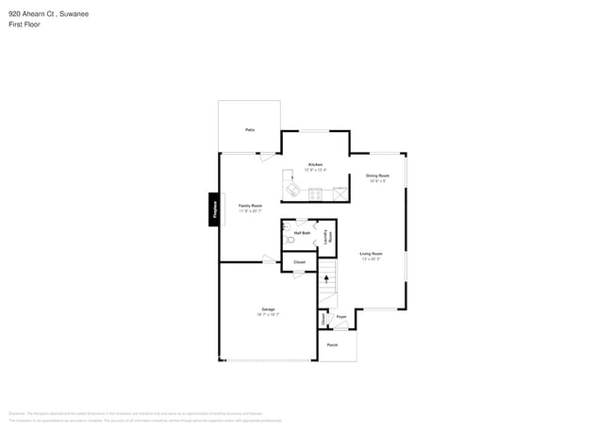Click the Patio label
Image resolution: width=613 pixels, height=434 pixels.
click(249, 129)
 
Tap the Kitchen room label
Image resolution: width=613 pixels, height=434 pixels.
click(315, 164)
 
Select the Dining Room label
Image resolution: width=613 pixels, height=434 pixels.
click(377, 175)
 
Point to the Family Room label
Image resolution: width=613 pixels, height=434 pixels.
click(250, 206)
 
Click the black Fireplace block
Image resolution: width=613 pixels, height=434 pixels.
click(214, 209)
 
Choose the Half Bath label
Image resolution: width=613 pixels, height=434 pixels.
click(302, 232)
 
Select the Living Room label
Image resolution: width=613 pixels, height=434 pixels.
click(371, 254)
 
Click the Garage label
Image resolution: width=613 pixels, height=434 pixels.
click(268, 309)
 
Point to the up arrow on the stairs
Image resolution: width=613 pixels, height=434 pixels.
click(327, 280)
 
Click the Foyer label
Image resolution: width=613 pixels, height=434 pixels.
click(342, 317)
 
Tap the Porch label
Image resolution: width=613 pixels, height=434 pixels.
click(332, 345)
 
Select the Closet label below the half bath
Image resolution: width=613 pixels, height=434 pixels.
click(299, 261)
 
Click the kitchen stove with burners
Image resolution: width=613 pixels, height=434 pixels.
click(315, 194)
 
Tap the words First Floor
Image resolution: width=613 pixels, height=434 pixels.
click(25, 25)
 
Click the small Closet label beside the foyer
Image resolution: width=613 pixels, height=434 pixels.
click(323, 320)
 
